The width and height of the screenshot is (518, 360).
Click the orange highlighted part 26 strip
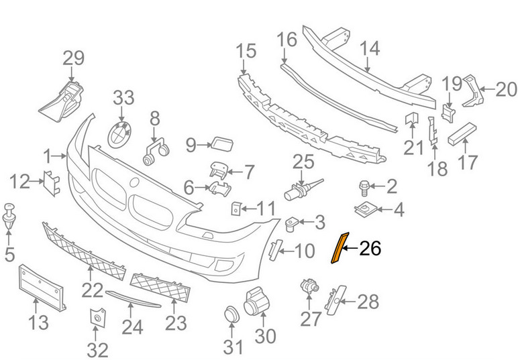point(340,248)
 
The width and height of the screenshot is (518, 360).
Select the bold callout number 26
point(370,248)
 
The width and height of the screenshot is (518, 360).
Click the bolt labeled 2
point(364,187)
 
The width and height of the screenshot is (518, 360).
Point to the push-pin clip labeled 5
point(9,217)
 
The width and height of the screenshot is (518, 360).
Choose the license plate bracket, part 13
point(41,288)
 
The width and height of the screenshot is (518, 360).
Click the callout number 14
point(370,48)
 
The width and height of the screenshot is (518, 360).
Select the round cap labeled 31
point(232,314)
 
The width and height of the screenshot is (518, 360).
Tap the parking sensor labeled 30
point(257,301)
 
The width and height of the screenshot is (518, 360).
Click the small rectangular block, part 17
point(462,133)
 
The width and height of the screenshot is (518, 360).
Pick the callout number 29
point(74,58)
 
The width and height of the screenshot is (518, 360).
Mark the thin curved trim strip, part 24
point(133,298)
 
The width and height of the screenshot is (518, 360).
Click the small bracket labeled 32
point(97,318)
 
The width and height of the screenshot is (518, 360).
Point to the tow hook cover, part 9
point(222,143)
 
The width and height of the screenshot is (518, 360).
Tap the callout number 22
point(93,290)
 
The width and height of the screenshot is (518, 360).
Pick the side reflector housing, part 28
point(335,300)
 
